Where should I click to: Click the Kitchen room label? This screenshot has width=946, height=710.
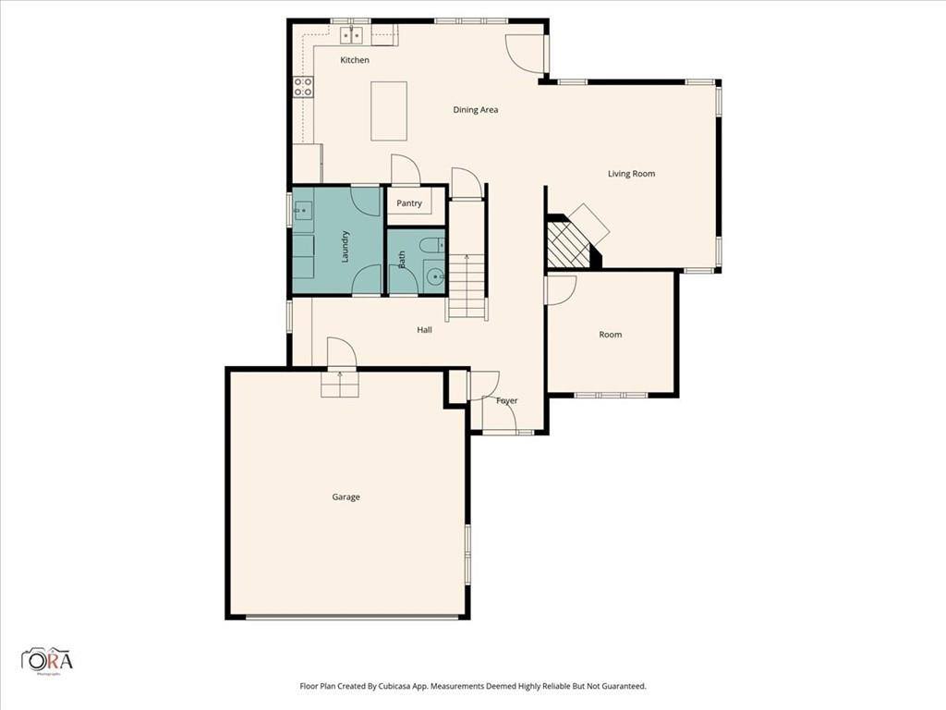tap(355, 60)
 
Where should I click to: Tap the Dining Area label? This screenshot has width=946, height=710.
tap(476, 110)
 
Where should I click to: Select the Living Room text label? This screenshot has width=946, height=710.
tap(631, 174)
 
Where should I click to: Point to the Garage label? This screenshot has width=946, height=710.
tap(346, 497)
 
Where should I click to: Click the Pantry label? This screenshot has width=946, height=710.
tap(409, 203)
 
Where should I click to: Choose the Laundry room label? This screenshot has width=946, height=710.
tap(346, 246)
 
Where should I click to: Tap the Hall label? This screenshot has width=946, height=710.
tap(424, 329)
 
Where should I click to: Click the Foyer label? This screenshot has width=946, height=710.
tap(506, 401)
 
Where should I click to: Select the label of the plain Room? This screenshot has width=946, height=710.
tap(611, 335)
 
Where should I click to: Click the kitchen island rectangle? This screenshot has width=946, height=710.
tap(389, 111)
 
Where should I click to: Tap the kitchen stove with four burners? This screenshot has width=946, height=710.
tap(303, 87)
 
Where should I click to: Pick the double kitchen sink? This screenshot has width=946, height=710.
tap(352, 35)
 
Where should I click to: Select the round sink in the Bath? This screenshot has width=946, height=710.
tap(434, 275)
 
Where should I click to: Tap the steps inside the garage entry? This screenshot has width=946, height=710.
tap(339, 384)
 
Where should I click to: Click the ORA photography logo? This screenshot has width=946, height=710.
tap(47, 660)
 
